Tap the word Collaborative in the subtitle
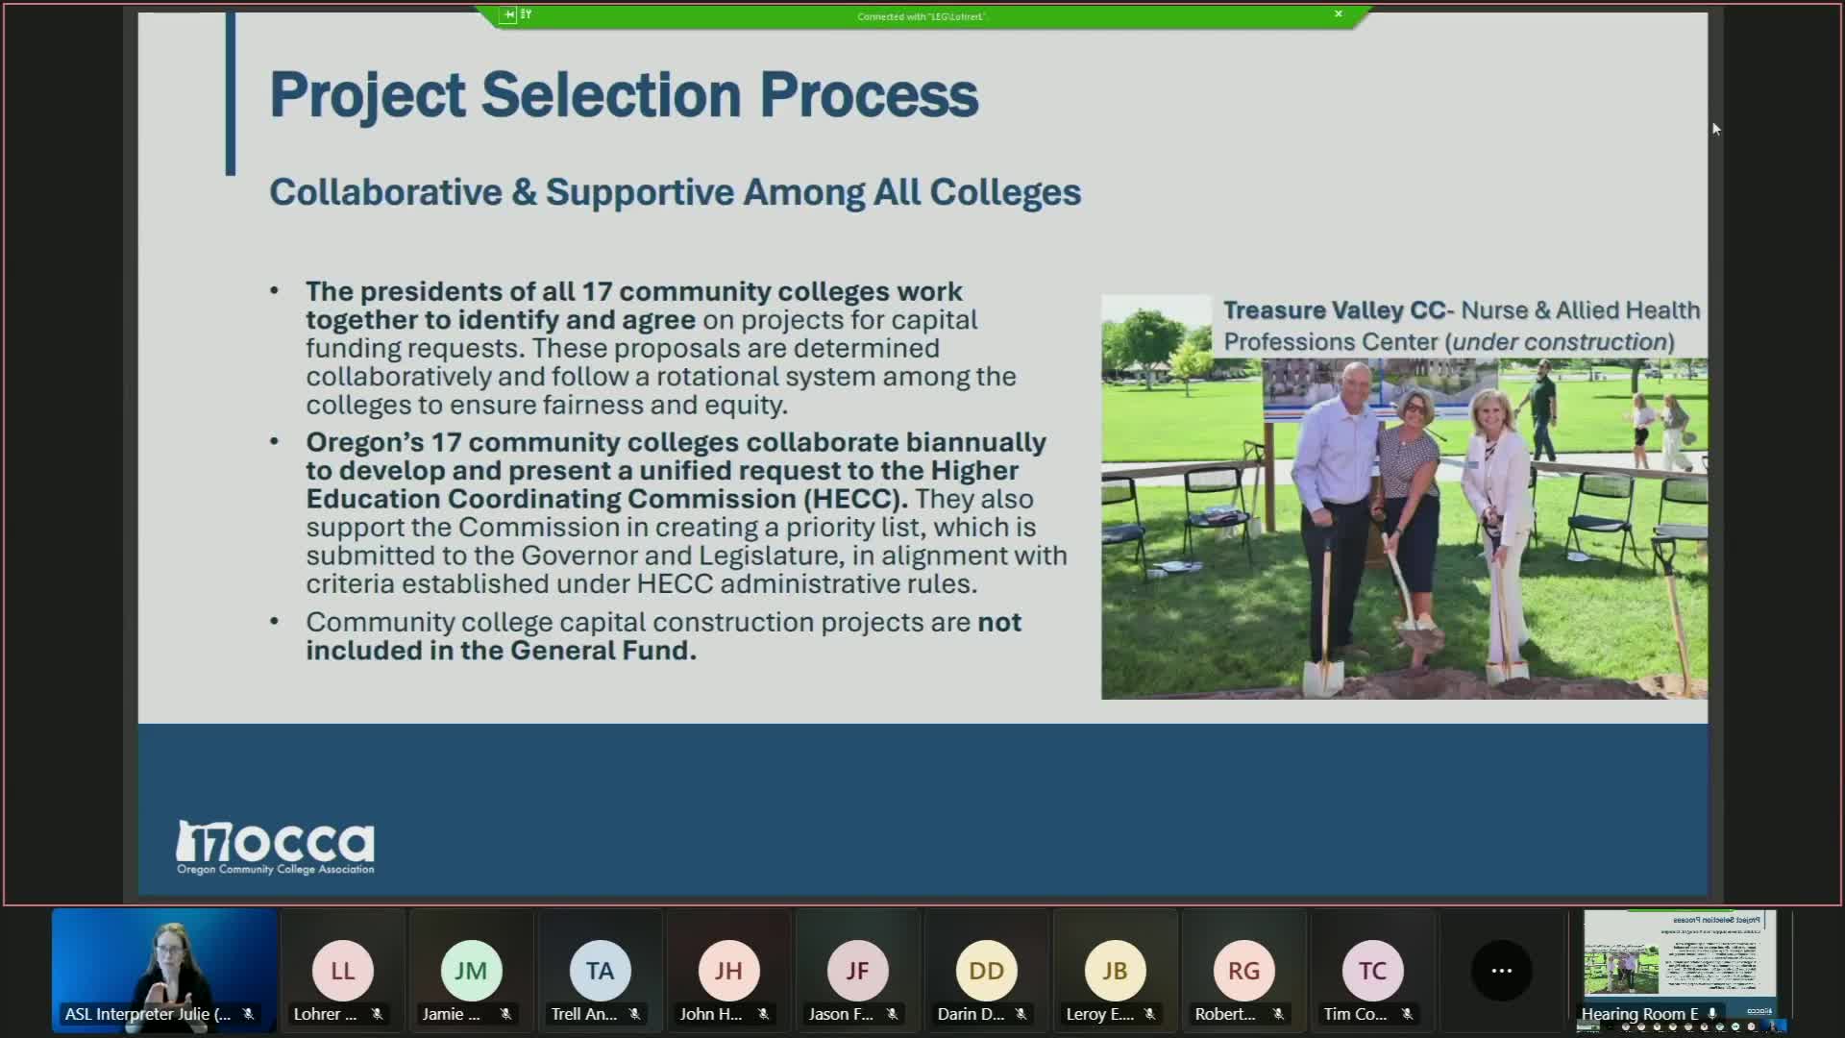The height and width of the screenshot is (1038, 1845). (x=385, y=192)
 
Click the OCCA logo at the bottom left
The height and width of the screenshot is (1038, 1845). (x=276, y=847)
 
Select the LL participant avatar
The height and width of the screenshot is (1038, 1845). (x=342, y=971)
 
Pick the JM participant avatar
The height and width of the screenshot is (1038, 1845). (x=471, y=971)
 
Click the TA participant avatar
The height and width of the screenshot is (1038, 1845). (x=600, y=971)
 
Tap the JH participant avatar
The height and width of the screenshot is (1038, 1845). (x=728, y=971)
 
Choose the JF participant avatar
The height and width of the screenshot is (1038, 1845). (x=857, y=971)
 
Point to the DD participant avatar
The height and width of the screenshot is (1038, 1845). (x=986, y=971)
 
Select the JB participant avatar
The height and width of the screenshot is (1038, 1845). (x=1115, y=971)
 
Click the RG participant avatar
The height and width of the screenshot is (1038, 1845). (x=1243, y=971)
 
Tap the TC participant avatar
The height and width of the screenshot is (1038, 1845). (x=1372, y=971)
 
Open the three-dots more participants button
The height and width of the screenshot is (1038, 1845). (x=1501, y=971)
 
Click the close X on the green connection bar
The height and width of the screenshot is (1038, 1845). (x=1338, y=14)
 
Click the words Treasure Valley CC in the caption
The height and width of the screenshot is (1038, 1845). (x=1334, y=310)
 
